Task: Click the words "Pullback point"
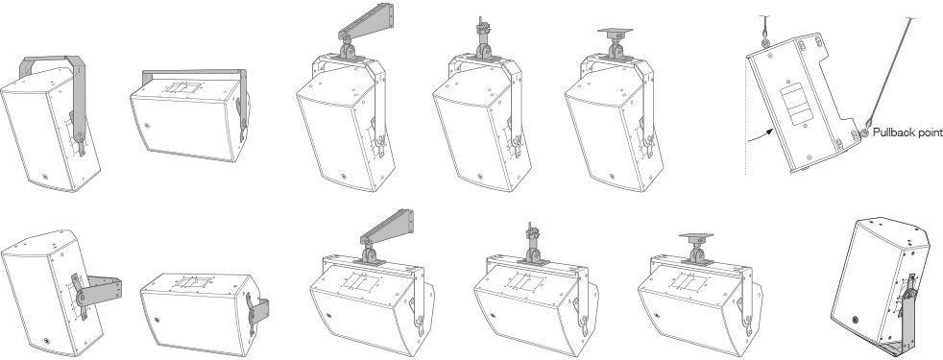pyautogui.click(x=907, y=132)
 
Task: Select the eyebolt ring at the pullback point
pyautogui.click(x=863, y=132)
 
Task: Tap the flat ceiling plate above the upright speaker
pyautogui.click(x=616, y=32)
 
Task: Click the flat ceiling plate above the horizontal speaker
pyautogui.click(x=696, y=237)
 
